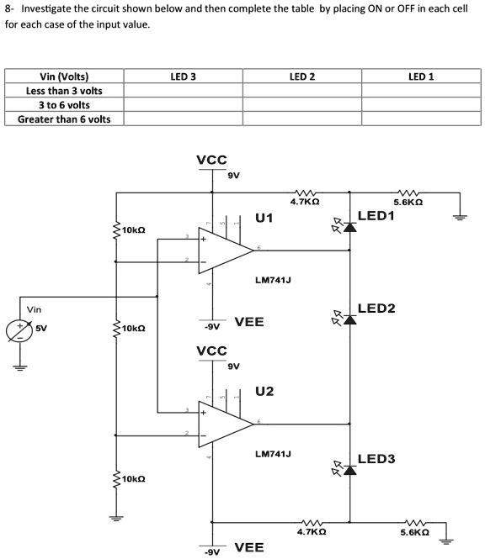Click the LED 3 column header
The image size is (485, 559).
point(183,76)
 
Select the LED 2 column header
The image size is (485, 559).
point(301,76)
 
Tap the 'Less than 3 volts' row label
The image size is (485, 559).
point(64,91)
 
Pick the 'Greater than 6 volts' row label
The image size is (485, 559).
point(64,119)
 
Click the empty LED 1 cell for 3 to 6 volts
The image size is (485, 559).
point(420,105)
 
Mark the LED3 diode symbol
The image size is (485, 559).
point(349,468)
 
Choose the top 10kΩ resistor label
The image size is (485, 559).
point(133,229)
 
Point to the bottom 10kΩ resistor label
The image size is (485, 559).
point(133,479)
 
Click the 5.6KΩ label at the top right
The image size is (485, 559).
point(408,203)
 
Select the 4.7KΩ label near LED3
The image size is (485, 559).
point(312,533)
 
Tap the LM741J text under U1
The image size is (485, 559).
point(272,280)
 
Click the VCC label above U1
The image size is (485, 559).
point(211,160)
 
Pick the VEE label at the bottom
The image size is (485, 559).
point(248,548)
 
